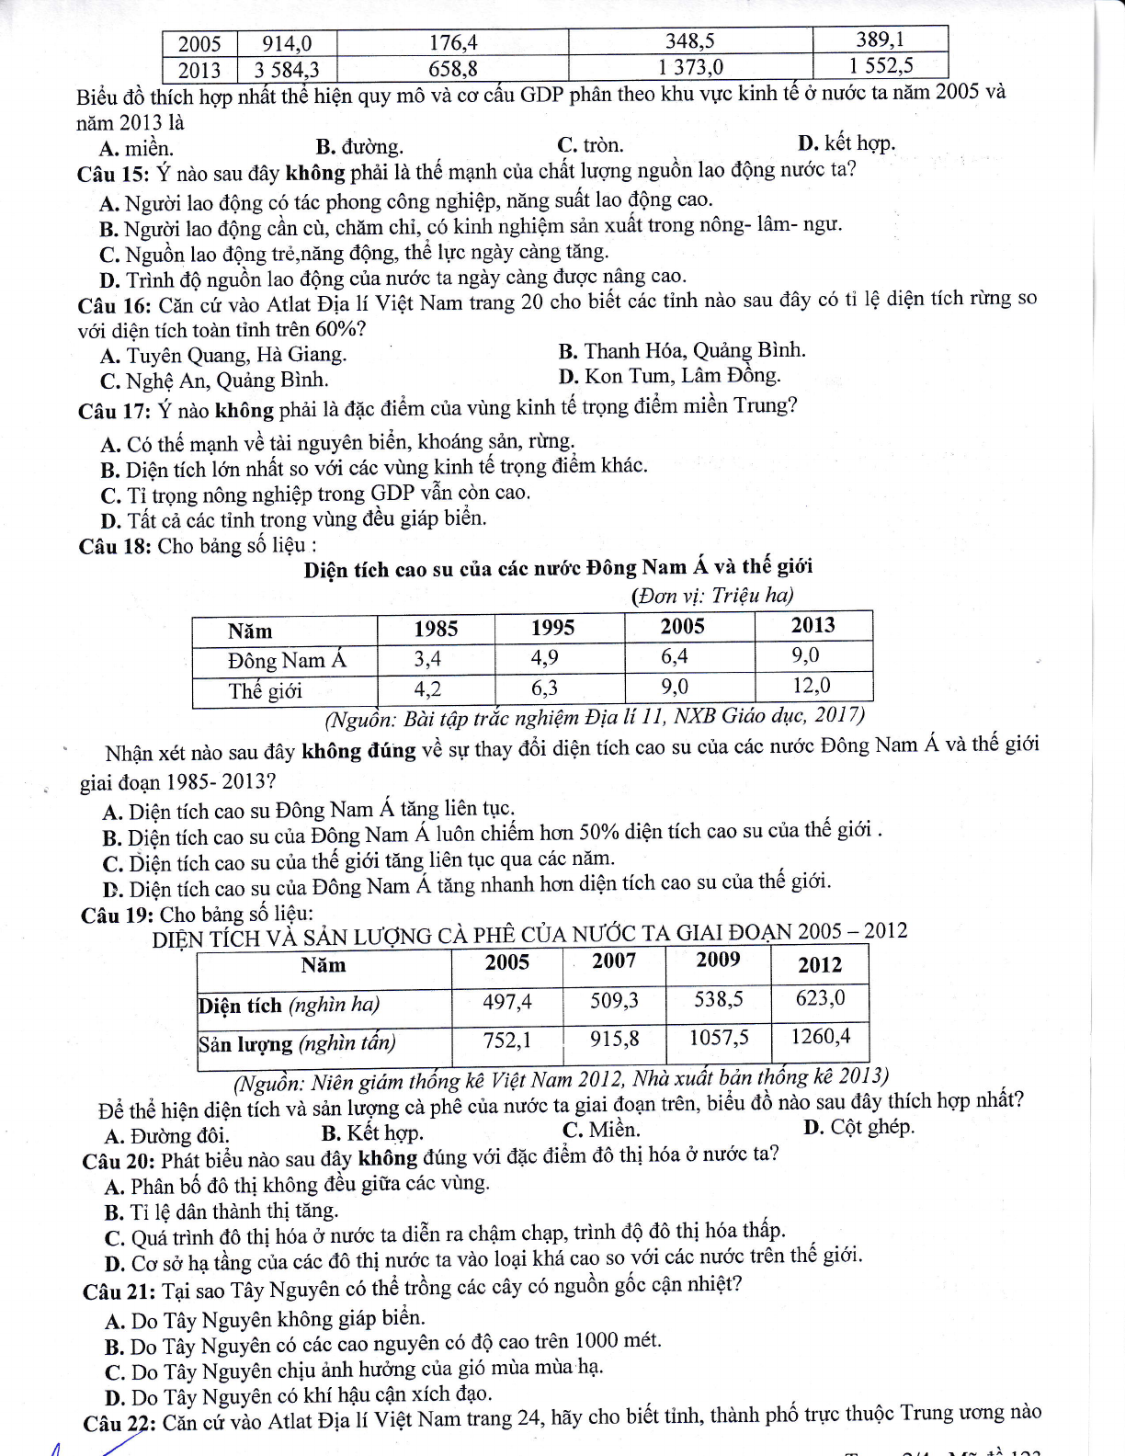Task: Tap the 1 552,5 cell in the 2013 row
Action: point(881,65)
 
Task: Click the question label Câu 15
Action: point(112,174)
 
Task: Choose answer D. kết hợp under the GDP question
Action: point(846,143)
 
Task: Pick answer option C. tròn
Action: point(589,145)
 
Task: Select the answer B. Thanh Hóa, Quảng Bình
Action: point(681,351)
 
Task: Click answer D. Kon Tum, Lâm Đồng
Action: point(669,376)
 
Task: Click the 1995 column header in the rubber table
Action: point(552,628)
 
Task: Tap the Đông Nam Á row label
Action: point(287,661)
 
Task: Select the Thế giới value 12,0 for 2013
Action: point(812,686)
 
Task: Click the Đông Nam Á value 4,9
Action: point(544,658)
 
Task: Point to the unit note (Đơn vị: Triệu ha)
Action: point(712,596)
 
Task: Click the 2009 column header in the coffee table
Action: point(718,960)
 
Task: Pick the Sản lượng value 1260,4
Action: point(820,1037)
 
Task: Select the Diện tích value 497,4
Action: point(507,1002)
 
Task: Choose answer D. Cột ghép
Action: point(858,1127)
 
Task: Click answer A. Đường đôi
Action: point(166,1135)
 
